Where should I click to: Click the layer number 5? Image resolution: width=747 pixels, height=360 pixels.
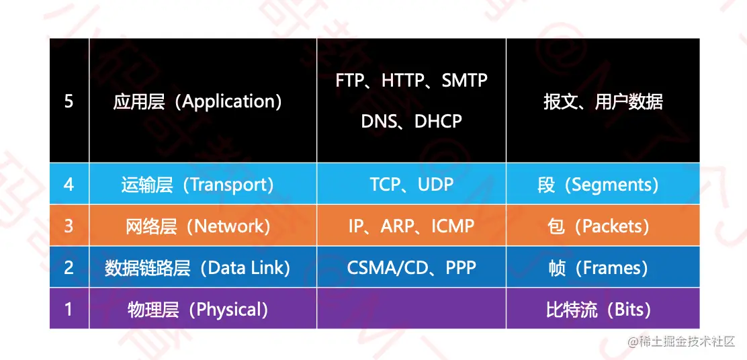[x=69, y=101]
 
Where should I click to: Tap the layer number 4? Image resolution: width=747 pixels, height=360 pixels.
[x=69, y=184]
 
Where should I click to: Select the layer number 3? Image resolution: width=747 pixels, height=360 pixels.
[x=69, y=226]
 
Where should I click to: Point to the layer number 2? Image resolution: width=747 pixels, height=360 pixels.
[x=69, y=267]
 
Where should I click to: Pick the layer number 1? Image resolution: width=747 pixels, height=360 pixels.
[x=69, y=310]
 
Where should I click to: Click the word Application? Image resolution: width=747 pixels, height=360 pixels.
[x=228, y=102]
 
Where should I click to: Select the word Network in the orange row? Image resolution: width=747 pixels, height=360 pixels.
[x=229, y=226]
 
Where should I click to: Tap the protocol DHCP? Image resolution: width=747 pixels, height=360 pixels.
[x=438, y=121]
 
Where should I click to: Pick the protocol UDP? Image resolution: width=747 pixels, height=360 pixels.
[x=435, y=184]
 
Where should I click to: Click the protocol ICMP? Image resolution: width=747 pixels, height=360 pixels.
[x=453, y=226]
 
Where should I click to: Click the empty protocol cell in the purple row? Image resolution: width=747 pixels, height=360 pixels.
[x=411, y=308]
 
